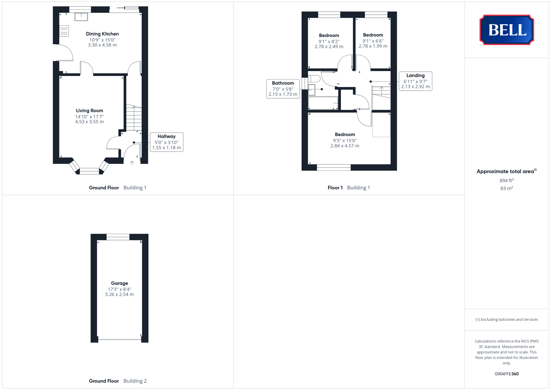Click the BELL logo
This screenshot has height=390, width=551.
click(x=507, y=30)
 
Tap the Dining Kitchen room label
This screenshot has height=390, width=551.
click(x=102, y=34)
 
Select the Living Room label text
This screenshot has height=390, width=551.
click(x=89, y=110)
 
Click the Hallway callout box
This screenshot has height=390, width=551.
click(x=167, y=142)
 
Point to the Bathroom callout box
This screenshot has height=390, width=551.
click(x=283, y=88)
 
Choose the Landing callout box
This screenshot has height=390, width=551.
click(x=415, y=81)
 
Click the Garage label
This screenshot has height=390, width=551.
click(x=119, y=283)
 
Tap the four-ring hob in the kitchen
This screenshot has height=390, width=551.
click(x=64, y=31)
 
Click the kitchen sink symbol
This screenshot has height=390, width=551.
click(x=81, y=17)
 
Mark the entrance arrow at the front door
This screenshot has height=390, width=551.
click(x=132, y=163)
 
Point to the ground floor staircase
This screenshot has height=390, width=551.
click(x=134, y=118)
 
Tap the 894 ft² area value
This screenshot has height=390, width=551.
click(x=507, y=180)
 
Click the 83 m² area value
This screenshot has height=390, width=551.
click(x=507, y=188)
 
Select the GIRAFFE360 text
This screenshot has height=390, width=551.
click(x=507, y=374)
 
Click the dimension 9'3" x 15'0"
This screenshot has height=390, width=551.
click(x=345, y=140)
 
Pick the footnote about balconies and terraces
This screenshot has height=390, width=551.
click(x=507, y=319)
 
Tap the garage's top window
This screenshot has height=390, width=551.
click(x=118, y=237)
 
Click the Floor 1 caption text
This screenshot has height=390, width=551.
click(x=335, y=188)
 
